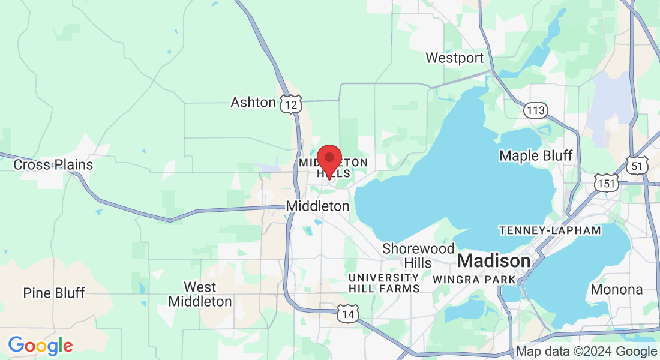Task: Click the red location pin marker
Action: pyautogui.click(x=329, y=159)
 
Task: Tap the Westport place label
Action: pyautogui.click(x=454, y=58)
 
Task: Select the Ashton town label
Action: pyautogui.click(x=253, y=103)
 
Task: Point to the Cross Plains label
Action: pyautogui.click(x=53, y=164)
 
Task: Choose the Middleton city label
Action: pyautogui.click(x=317, y=206)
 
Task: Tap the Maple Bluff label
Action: pyautogui.click(x=536, y=155)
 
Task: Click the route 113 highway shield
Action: pyautogui.click(x=535, y=110)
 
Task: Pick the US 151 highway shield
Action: pyautogui.click(x=606, y=183)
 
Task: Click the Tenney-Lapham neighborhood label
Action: pyautogui.click(x=550, y=230)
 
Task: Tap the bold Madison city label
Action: pyautogui.click(x=494, y=261)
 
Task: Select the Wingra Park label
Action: pyautogui.click(x=474, y=279)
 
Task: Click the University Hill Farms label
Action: pyautogui.click(x=384, y=283)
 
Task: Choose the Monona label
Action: pyautogui.click(x=617, y=289)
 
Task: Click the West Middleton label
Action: pyautogui.click(x=200, y=294)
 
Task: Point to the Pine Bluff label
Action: pyautogui.click(x=54, y=293)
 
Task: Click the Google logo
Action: pyautogui.click(x=40, y=346)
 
